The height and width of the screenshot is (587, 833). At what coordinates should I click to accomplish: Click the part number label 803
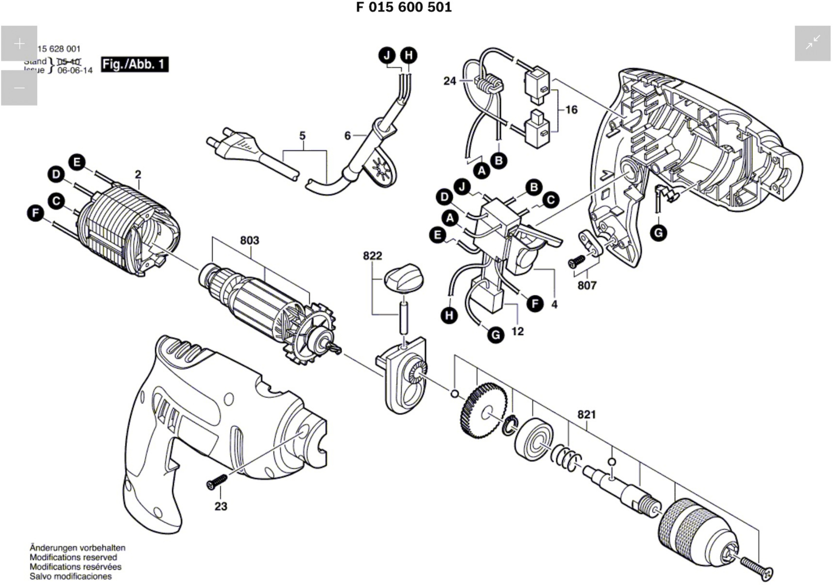pos(250,240)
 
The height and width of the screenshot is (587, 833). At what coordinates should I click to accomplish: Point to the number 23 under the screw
pos(221,506)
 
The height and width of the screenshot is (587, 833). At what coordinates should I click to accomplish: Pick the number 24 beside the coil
pos(449,81)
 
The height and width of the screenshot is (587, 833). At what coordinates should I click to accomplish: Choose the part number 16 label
pos(571,110)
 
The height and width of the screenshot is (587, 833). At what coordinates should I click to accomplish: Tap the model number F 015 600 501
pos(404,7)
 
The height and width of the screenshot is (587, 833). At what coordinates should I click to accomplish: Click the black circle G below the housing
pos(658,233)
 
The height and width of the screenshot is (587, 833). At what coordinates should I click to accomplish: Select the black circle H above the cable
pos(409,56)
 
